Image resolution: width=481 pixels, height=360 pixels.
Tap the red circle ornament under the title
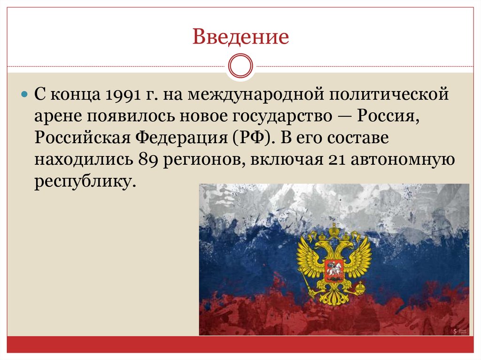[x=240, y=66]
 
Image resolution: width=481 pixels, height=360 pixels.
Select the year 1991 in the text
[x=123, y=95]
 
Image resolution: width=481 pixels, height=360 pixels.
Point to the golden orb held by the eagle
[x=360, y=286]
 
